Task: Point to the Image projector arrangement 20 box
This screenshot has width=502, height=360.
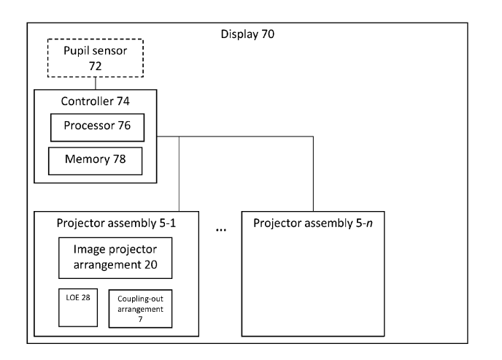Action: pos(115,258)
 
